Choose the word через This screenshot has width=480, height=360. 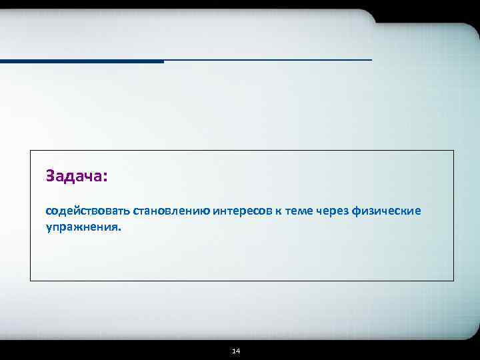tap(333, 211)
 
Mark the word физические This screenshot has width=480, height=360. tap(387, 211)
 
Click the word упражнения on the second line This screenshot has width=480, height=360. tap(82, 227)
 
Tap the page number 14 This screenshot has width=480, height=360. tap(236, 351)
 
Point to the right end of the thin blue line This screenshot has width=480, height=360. tap(371, 60)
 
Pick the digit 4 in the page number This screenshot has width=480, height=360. tap(238, 351)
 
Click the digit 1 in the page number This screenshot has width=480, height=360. tap(233, 351)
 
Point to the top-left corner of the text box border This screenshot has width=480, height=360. tap(31, 151)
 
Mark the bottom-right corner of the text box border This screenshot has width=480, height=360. tap(453, 281)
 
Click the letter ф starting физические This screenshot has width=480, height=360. tap(356, 211)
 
